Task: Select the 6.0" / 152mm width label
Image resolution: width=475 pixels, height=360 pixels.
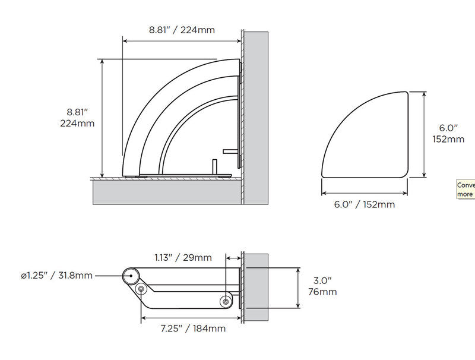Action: tap(364, 204)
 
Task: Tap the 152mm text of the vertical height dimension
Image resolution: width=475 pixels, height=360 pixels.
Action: tap(448, 139)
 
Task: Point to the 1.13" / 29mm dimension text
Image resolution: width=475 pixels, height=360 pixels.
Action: tap(183, 257)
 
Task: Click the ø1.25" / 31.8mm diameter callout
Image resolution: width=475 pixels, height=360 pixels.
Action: tap(57, 276)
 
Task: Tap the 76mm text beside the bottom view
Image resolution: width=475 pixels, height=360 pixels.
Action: tap(323, 292)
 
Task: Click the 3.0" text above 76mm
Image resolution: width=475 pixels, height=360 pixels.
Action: tap(322, 280)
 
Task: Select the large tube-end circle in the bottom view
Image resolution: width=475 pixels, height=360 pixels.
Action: tap(131, 276)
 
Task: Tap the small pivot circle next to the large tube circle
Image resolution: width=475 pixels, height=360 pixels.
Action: tap(141, 289)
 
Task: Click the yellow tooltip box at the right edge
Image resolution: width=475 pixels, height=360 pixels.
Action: tap(465, 190)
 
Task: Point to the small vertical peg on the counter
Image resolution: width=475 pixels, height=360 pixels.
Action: tap(212, 166)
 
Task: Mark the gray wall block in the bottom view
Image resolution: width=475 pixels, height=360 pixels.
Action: tap(255, 287)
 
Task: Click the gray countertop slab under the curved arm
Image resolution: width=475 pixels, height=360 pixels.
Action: tap(166, 191)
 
